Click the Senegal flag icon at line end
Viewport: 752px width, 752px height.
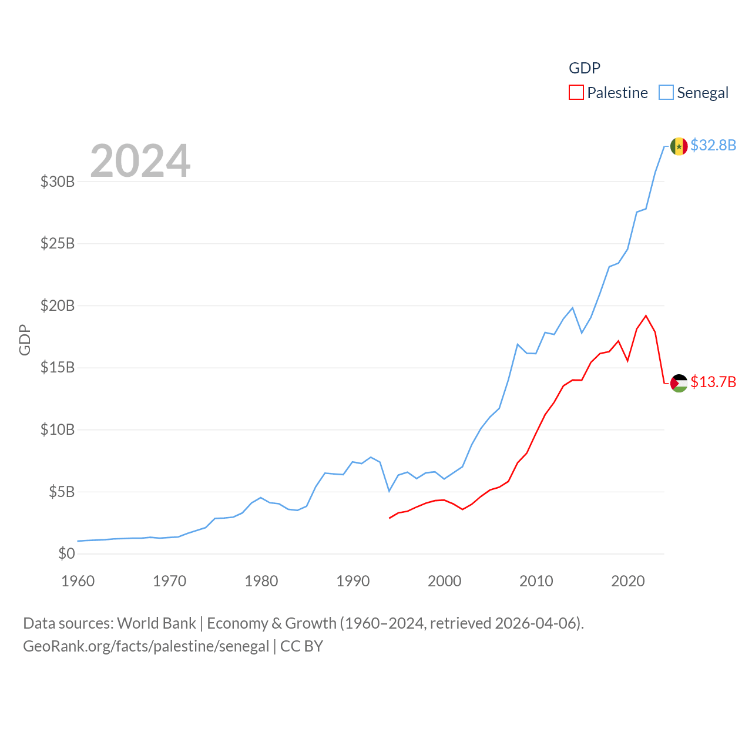pos(679,146)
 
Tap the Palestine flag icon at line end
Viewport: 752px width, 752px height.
pos(679,383)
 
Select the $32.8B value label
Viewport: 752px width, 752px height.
pos(713,145)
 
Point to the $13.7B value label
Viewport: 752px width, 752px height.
pos(713,382)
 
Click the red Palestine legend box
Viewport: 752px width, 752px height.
pos(576,93)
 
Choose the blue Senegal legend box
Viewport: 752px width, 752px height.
pos(666,93)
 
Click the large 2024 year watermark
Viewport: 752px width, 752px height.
pos(140,160)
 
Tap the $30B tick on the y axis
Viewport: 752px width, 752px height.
pos(58,182)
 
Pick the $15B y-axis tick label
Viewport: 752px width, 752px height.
pos(58,368)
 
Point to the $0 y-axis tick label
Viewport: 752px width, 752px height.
pos(66,553)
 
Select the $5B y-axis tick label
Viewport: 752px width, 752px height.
pos(62,492)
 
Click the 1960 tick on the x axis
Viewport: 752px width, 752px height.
pos(78,581)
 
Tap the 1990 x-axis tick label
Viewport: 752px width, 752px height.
pos(353,581)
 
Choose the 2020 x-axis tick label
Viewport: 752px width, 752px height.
pos(628,581)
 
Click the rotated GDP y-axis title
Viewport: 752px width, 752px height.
pos(25,340)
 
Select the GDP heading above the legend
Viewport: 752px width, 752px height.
pos(585,68)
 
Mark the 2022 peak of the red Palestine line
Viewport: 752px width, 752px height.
pos(646,316)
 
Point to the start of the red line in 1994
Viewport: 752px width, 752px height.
pos(390,518)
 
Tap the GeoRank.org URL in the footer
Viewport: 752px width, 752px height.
pos(146,646)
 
